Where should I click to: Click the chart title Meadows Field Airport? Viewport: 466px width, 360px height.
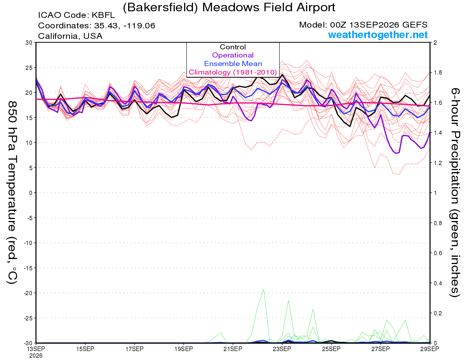pos(229,7)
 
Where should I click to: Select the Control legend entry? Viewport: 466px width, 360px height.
pos(233,47)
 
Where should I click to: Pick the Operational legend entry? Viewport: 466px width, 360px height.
pos(233,55)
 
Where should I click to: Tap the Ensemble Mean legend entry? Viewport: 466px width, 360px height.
pos(233,64)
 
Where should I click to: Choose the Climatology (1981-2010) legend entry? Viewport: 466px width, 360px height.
pos(233,72)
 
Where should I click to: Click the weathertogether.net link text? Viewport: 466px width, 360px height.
pos(378,35)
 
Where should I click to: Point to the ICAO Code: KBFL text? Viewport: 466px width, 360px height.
pos(77,15)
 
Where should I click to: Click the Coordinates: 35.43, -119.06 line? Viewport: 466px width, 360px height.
pos(97,26)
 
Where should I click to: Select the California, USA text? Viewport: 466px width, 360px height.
pos(70,36)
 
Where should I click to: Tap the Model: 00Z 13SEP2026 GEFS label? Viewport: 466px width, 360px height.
pos(363,25)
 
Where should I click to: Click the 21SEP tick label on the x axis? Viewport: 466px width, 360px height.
pos(233,349)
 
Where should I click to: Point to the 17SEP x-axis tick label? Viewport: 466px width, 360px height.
pos(134,349)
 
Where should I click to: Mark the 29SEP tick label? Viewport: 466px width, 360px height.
pos(429,349)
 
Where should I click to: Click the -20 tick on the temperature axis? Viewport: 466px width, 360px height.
pos(28,293)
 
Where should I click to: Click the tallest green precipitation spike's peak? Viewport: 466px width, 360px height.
pos(264,289)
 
